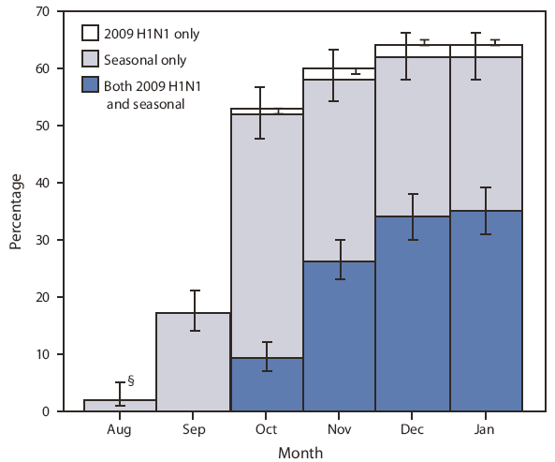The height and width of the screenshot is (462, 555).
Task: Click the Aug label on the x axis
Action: pos(120,427)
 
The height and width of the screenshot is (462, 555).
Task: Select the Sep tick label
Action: pos(193,427)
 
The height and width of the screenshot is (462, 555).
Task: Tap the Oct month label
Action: pos(266,427)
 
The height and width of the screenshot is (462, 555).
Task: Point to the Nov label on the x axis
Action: pos(339,427)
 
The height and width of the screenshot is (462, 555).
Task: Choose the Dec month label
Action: pos(412,427)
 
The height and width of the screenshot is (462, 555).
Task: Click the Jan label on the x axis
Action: pos(485,427)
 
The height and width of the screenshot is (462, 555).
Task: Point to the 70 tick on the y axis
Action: pos(44,12)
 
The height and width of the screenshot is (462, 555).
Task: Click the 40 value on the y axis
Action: pos(44,183)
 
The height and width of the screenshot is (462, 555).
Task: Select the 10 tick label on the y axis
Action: pos(44,354)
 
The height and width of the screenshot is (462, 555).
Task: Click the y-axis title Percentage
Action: pos(17,212)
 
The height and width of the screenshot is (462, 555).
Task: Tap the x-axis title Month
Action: pos(301,452)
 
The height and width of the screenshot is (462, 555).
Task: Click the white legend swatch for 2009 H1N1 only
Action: pos(90,34)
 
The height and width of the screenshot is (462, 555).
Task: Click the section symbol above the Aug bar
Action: pos(130,380)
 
